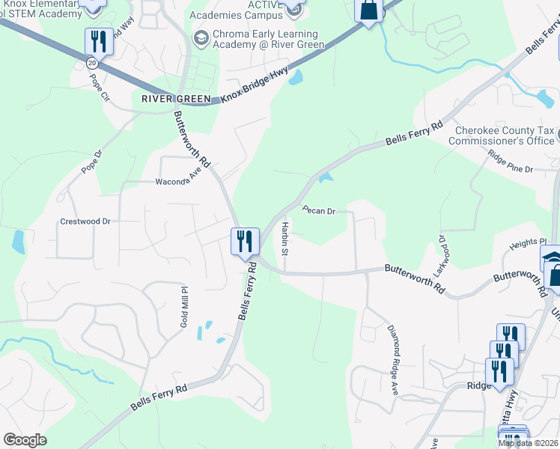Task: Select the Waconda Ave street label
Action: [179, 180]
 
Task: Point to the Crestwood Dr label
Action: [85, 222]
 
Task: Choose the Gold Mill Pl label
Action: [183, 300]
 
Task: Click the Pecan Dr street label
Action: [318, 210]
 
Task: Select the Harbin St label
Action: [284, 236]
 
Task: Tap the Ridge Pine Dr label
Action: [510, 162]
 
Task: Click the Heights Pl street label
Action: [528, 243]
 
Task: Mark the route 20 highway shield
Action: [91, 64]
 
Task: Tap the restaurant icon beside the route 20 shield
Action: [99, 41]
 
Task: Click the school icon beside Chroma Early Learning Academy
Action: [201, 36]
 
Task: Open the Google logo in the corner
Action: [25, 440]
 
